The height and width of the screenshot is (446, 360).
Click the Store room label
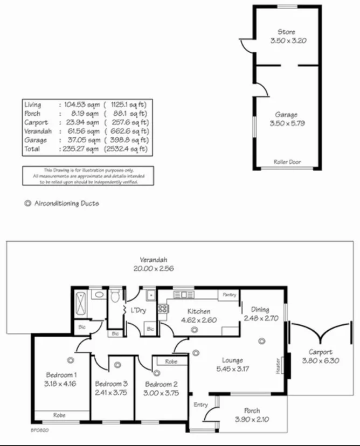(286, 32)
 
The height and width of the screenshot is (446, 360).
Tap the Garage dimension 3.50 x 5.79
(286, 123)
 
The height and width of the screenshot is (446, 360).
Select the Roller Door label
(287, 162)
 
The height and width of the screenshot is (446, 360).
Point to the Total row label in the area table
(32, 149)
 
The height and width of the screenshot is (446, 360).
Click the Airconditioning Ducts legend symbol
(27, 204)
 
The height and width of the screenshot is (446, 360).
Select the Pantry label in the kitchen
(229, 295)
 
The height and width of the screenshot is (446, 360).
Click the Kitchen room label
(199, 311)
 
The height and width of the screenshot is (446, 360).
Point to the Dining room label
(260, 309)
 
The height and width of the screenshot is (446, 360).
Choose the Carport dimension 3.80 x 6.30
(320, 361)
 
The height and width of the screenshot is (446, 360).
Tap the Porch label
(252, 411)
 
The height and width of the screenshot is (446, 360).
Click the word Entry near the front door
(201, 405)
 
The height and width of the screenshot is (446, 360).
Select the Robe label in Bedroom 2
(171, 361)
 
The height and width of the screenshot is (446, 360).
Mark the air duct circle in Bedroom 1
(70, 360)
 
